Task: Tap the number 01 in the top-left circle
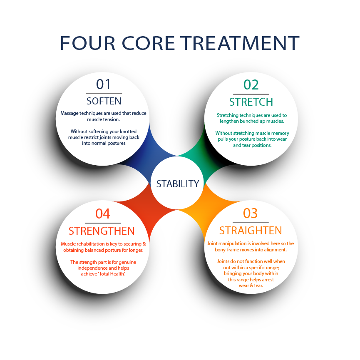[x=104, y=84]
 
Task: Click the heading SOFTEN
[x=104, y=101]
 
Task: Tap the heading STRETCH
[x=251, y=102]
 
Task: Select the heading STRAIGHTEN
[x=251, y=231]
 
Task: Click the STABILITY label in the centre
[x=178, y=184]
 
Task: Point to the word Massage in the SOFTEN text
[x=70, y=113]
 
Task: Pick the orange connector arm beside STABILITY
[x=199, y=207]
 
